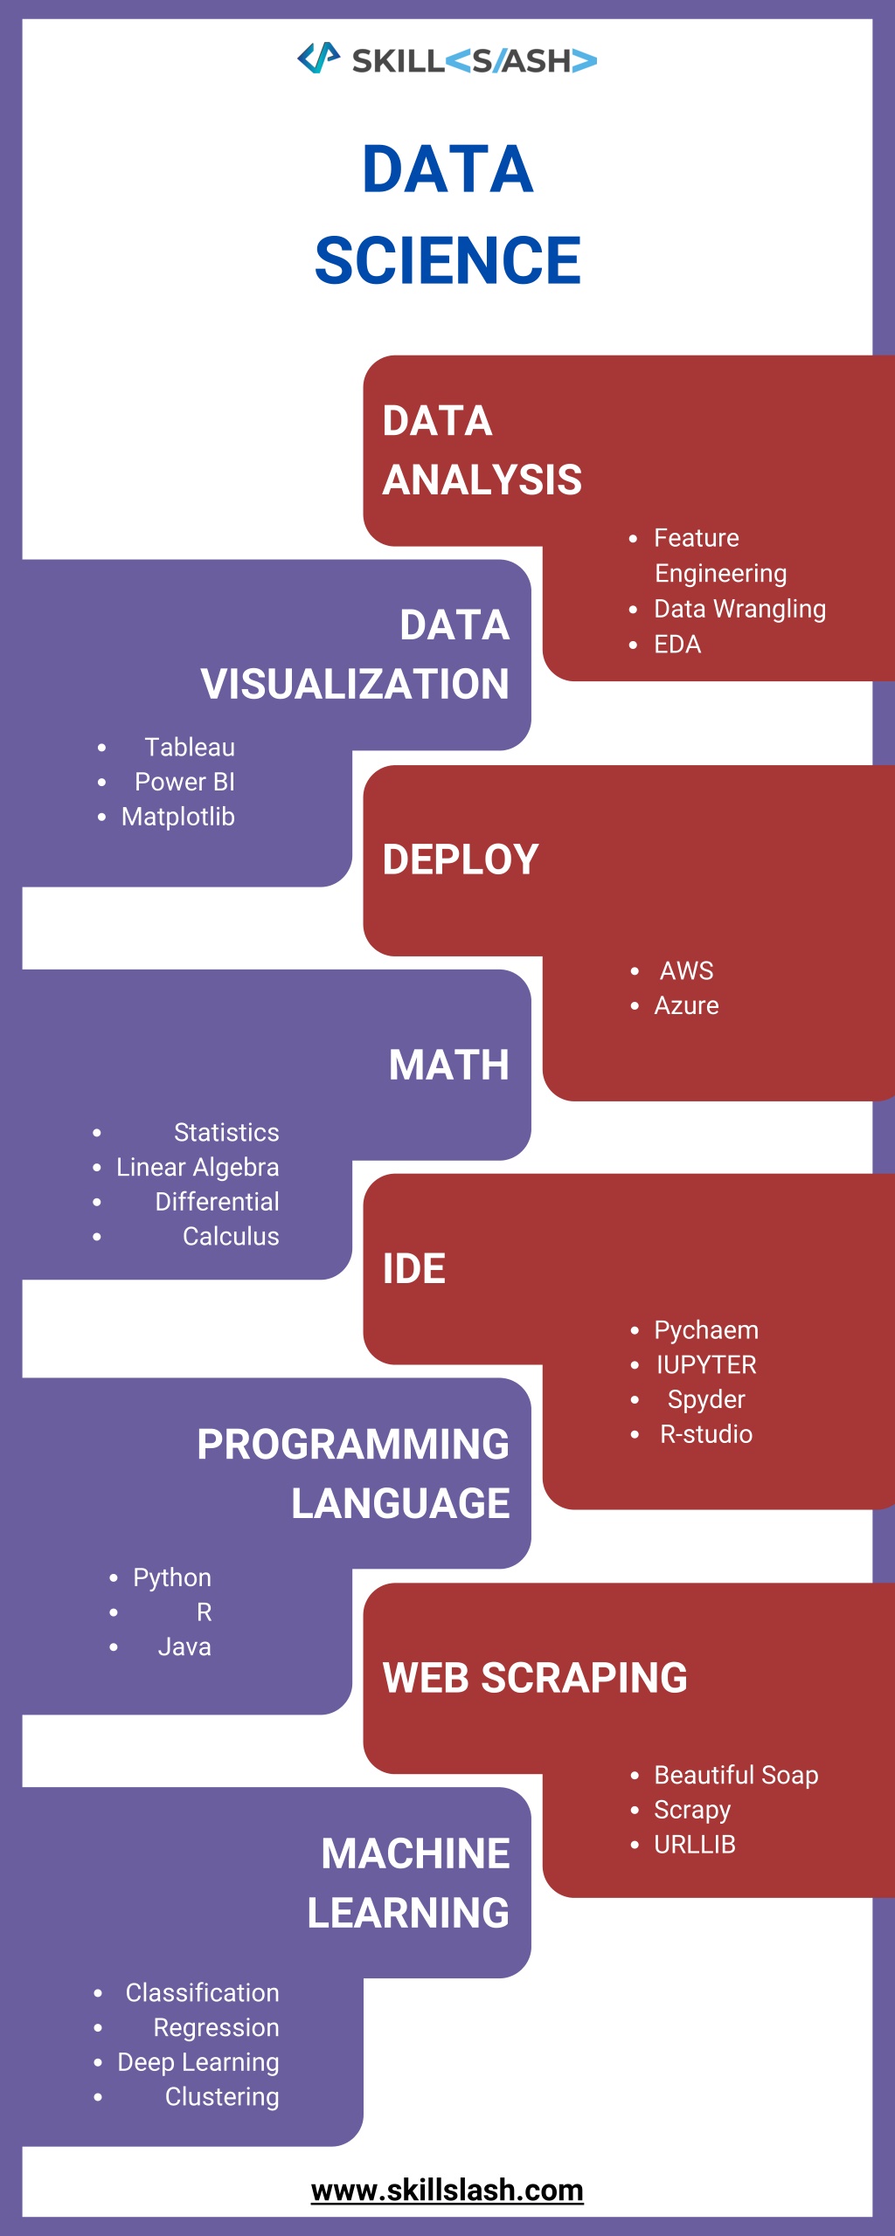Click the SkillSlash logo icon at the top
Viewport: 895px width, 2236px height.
pyautogui.click(x=318, y=58)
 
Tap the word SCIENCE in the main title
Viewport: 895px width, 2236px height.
pyautogui.click(x=447, y=260)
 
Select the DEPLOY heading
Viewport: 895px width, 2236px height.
pyautogui.click(x=461, y=859)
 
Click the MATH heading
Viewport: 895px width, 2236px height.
pyautogui.click(x=449, y=1065)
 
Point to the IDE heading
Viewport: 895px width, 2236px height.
pyautogui.click(x=414, y=1268)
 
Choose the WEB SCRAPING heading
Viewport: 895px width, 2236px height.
pyautogui.click(x=535, y=1678)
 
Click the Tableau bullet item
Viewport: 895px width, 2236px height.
pyautogui.click(x=190, y=748)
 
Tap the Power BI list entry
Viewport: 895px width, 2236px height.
pyautogui.click(x=184, y=782)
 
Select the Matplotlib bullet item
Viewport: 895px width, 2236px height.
pyautogui.click(x=178, y=817)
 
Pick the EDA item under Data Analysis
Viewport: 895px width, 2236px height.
pyautogui.click(x=677, y=645)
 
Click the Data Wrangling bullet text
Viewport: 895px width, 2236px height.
pyautogui.click(x=740, y=609)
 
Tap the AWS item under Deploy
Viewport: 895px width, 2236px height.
pyautogui.click(x=687, y=970)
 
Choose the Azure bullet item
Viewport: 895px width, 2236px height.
pyautogui.click(x=687, y=1005)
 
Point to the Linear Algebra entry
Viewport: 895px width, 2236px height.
pyautogui.click(x=198, y=1168)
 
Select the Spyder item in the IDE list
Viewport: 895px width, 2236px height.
pyautogui.click(x=706, y=1399)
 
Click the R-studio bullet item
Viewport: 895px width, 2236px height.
pyautogui.click(x=706, y=1434)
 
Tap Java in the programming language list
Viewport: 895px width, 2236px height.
pyautogui.click(x=184, y=1647)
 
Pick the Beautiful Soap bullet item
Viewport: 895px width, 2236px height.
pyautogui.click(x=737, y=1775)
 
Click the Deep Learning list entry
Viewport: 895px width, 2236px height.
pyautogui.click(x=198, y=2062)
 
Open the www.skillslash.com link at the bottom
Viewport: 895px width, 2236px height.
pyautogui.click(x=447, y=2191)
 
